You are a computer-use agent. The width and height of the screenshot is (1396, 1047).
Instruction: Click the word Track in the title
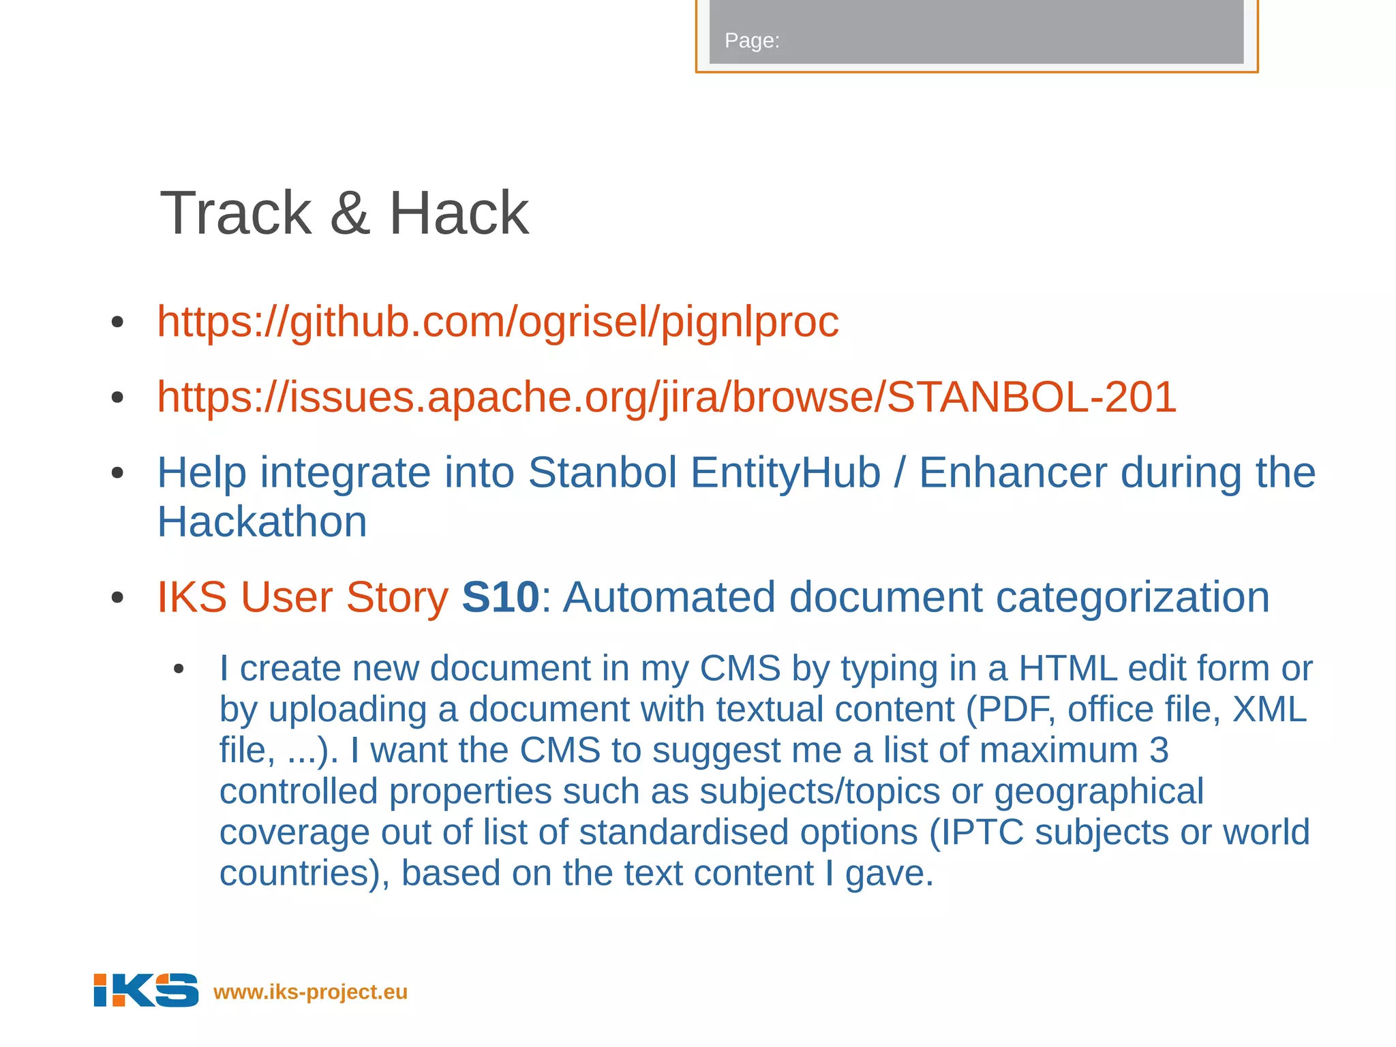point(235,213)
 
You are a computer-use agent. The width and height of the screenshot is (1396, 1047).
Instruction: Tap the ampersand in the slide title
point(349,213)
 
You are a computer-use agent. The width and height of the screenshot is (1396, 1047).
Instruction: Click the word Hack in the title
point(458,213)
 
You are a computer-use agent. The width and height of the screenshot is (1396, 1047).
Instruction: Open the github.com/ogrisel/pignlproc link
point(498,322)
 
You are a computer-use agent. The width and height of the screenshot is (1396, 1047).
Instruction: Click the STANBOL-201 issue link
point(667,397)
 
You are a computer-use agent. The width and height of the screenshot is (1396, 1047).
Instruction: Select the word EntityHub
point(785,472)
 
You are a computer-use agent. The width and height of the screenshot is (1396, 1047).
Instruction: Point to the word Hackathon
point(262,522)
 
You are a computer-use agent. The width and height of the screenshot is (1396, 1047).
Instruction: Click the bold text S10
point(500,597)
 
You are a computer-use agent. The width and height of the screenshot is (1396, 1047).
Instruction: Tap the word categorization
point(1132,597)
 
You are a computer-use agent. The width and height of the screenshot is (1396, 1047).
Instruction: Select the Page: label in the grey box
point(751,41)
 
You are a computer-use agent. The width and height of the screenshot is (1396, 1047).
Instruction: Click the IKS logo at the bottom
point(146,990)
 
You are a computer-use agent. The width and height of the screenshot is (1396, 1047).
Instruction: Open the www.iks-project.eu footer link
point(310,992)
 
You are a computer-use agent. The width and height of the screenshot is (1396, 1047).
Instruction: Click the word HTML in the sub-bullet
point(1067,668)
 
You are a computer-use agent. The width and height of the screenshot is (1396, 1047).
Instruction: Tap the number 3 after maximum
point(1159,750)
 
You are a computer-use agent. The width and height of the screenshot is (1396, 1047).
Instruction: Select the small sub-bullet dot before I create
point(179,669)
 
